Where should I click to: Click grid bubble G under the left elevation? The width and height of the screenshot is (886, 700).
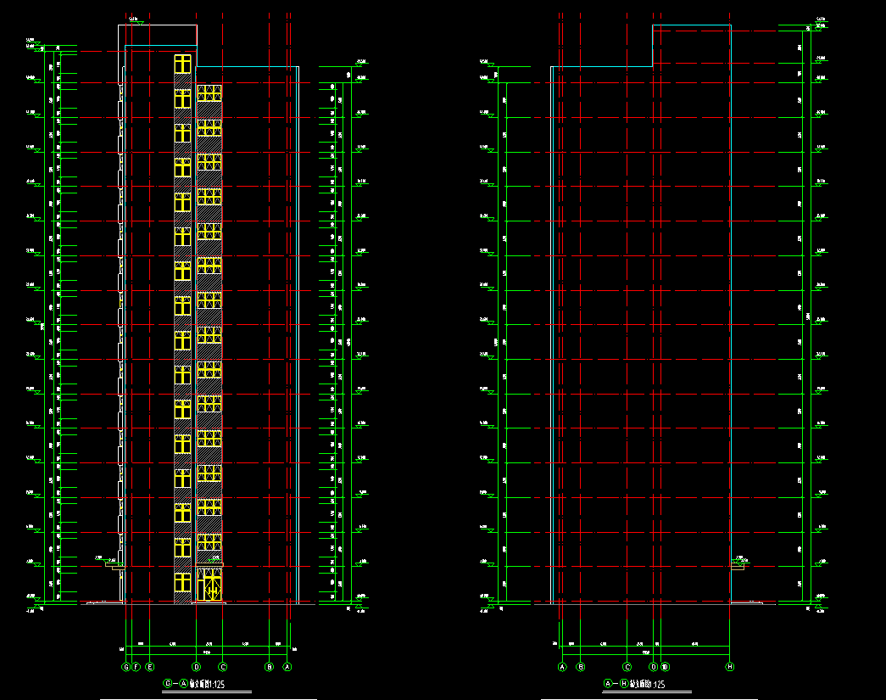click(125, 667)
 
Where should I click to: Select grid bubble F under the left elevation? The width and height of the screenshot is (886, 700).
click(136, 667)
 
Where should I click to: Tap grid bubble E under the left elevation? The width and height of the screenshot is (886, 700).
click(150, 667)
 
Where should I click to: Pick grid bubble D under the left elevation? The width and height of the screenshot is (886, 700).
click(196, 667)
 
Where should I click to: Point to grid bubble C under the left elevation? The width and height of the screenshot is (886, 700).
click(223, 667)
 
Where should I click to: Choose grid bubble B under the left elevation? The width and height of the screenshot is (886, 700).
click(270, 667)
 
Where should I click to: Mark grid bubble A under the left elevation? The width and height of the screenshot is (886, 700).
click(287, 667)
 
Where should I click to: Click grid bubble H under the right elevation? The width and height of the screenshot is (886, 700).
click(729, 667)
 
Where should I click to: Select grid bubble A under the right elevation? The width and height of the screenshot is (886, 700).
click(561, 667)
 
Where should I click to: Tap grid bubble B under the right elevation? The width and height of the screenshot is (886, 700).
click(581, 667)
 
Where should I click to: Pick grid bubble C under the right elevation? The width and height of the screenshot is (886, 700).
click(627, 667)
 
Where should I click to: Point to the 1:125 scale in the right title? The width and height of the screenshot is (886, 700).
click(656, 684)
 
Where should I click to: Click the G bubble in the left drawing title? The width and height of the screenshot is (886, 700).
click(168, 683)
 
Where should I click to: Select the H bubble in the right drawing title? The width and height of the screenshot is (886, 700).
click(624, 683)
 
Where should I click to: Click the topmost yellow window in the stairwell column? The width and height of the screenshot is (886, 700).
click(182, 64)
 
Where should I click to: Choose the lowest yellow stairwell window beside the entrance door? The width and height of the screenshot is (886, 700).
click(182, 583)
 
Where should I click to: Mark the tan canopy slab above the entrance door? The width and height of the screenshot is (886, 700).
click(209, 565)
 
